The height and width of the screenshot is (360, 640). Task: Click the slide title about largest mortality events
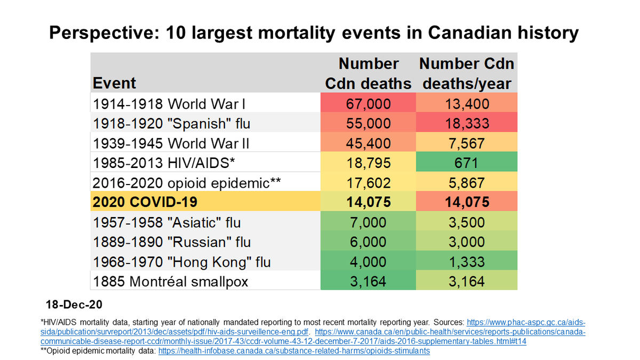click(314, 33)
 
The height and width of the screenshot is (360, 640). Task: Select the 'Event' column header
click(114, 83)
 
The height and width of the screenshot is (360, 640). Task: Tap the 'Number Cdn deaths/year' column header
click(467, 74)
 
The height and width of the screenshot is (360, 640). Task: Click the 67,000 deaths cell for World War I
click(369, 104)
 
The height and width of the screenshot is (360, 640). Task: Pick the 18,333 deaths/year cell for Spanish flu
click(467, 124)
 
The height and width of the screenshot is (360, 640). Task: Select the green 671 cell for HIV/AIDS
click(467, 163)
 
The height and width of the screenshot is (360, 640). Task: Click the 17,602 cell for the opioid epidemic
click(369, 183)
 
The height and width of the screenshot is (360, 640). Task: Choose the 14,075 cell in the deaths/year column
click(467, 203)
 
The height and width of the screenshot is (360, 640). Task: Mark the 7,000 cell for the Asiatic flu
click(369, 222)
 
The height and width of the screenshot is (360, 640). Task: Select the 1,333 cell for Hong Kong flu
click(467, 262)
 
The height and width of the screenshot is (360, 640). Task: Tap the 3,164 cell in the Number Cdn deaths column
click(369, 281)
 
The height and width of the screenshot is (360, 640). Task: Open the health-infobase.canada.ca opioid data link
click(294, 351)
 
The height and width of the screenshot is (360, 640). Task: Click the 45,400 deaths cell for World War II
click(369, 143)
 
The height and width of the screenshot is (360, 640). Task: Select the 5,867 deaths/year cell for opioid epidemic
click(467, 183)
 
